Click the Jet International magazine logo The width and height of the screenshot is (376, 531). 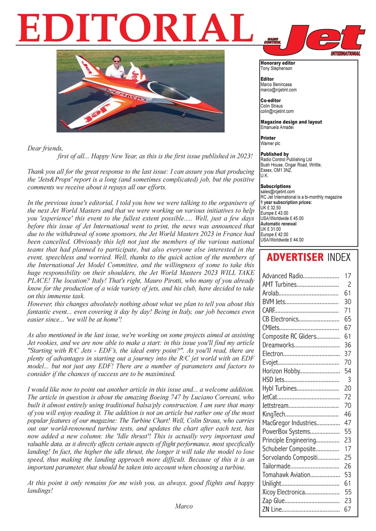click(x=315, y=41)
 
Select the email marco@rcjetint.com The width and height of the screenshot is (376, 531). click(x=278, y=90)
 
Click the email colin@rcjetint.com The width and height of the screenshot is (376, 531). click(x=277, y=111)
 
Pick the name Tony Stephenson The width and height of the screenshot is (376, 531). click(x=276, y=68)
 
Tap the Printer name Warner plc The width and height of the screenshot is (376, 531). click(x=270, y=144)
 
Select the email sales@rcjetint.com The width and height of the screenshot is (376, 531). click(x=278, y=192)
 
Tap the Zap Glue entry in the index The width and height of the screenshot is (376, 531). click(x=274, y=501)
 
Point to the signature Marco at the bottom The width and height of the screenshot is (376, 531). click(x=184, y=506)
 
